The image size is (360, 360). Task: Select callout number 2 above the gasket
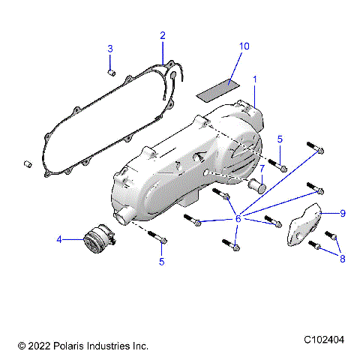pyautogui.click(x=163, y=35)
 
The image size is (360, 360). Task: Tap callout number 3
pyautogui.click(x=109, y=49)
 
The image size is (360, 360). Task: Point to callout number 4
pyautogui.click(x=58, y=240)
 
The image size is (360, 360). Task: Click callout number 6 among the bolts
pyautogui.click(x=238, y=217)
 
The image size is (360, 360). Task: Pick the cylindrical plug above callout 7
pyautogui.click(x=259, y=184)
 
